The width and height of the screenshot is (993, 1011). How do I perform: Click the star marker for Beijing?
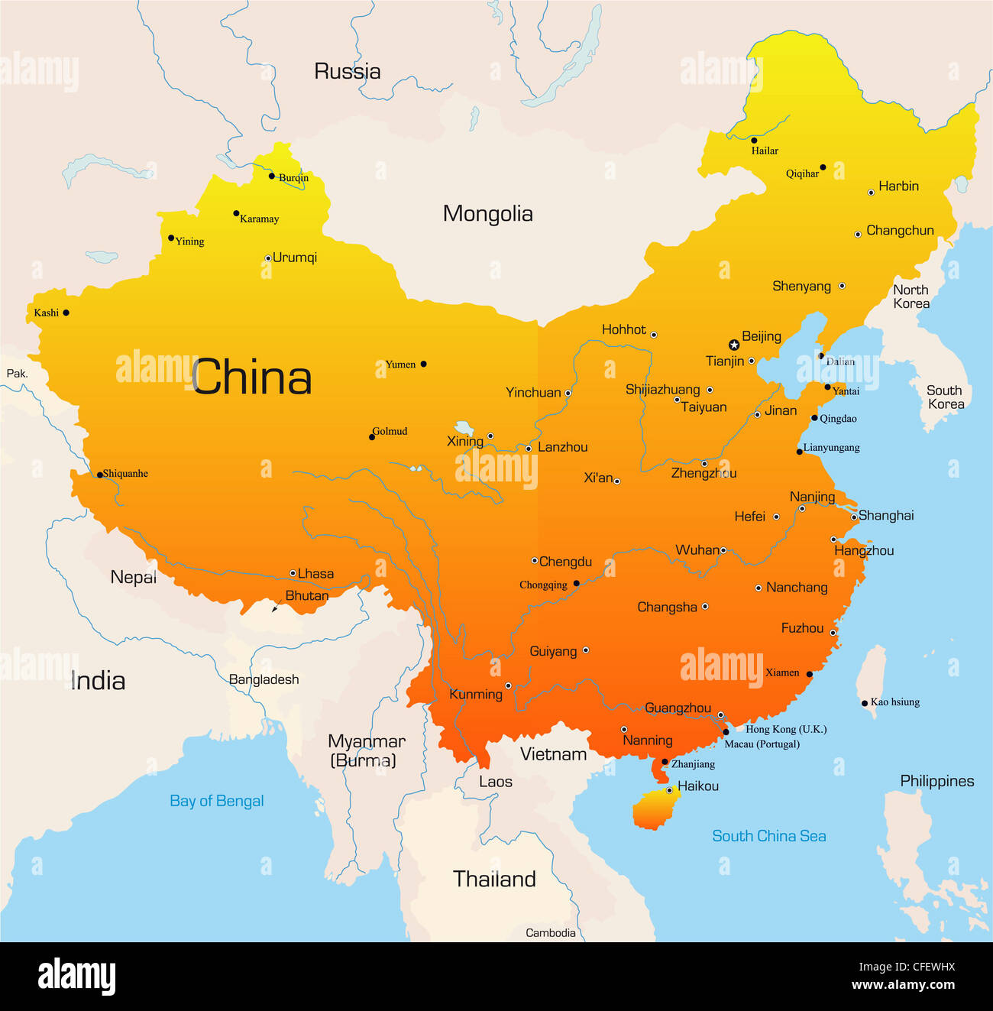[733, 345]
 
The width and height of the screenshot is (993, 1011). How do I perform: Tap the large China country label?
[251, 377]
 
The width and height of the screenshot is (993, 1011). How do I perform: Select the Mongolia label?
[487, 214]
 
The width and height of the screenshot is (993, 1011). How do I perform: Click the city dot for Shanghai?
[854, 517]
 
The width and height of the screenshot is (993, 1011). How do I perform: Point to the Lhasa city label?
[315, 573]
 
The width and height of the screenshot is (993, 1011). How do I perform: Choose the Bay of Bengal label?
[217, 801]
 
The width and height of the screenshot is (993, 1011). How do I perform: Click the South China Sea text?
[768, 836]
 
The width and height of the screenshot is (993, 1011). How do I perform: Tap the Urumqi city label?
[295, 258]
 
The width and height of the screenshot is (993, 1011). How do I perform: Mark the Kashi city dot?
[66, 313]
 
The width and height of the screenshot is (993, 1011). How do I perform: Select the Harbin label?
[898, 186]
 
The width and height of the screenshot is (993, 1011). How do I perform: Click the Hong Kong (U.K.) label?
[786, 729]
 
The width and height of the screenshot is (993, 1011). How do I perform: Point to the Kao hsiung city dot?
[864, 703]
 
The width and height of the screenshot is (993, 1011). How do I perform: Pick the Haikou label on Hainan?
[697, 786]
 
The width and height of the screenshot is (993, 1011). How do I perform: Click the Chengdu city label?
[565, 562]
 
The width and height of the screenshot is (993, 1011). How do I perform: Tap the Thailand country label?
[494, 879]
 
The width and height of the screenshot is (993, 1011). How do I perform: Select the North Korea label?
[911, 296]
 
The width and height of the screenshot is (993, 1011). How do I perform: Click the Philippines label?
[936, 781]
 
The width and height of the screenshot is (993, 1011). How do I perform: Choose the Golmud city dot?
[372, 437]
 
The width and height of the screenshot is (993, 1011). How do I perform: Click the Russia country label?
[347, 72]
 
